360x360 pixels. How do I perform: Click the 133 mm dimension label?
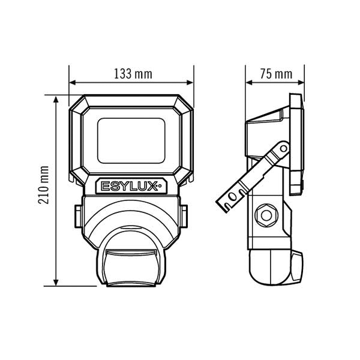point(133,74)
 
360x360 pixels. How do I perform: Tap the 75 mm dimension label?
point(276,74)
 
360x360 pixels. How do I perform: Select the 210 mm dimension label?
point(44,185)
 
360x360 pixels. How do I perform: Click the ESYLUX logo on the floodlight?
point(131,186)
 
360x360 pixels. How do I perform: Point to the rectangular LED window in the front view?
point(131,140)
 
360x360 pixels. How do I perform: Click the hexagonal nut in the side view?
point(266,215)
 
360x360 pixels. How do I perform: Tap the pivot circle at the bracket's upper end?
point(284,149)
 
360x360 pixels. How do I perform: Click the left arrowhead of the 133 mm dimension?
point(73,82)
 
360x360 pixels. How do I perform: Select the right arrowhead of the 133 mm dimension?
point(190,82)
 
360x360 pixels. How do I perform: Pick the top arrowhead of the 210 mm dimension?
point(56,100)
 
